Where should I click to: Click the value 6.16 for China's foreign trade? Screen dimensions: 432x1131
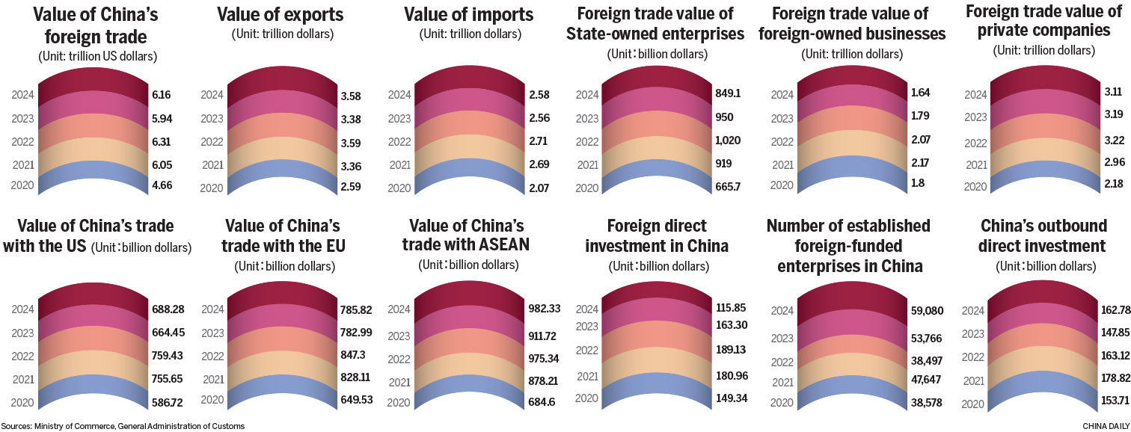(161, 94)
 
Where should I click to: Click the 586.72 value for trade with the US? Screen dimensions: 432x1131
(168, 401)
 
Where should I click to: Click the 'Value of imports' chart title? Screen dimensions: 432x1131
(469, 15)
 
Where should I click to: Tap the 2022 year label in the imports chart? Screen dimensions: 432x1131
(400, 141)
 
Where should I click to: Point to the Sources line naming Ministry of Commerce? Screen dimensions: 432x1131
(123, 426)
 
